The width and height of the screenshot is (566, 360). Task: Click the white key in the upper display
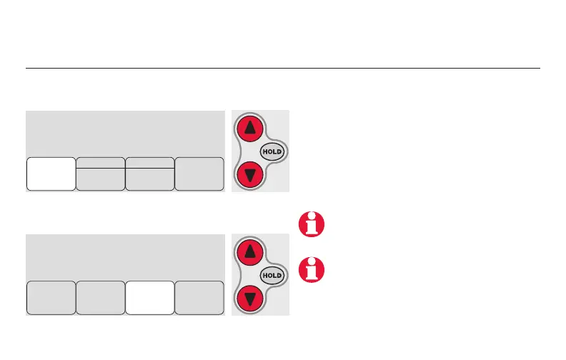[51, 174]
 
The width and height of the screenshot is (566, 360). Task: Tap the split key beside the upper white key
[100, 174]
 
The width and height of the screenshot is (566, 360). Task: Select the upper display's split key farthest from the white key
[149, 174]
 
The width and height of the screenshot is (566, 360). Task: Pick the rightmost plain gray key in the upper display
[199, 174]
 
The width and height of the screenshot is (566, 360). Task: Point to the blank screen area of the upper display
[125, 133]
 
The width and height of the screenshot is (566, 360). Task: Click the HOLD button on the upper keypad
[272, 152]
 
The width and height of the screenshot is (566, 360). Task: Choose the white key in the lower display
[149, 297]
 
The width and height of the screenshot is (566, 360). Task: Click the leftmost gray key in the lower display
[51, 297]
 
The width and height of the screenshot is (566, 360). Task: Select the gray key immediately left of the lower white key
[100, 297]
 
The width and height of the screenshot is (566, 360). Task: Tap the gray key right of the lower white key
[199, 297]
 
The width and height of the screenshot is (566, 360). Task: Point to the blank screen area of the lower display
[125, 256]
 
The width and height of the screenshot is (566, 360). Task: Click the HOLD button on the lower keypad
[272, 275]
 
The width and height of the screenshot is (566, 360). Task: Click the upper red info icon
[312, 223]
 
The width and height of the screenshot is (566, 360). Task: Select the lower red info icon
[312, 267]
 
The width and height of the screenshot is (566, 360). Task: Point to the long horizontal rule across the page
[282, 69]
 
